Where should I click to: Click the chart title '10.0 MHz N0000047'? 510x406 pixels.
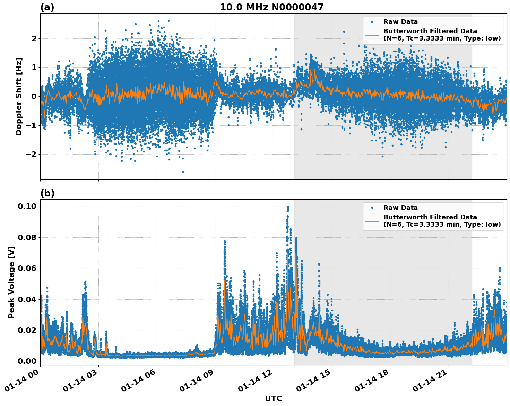coord(271,7)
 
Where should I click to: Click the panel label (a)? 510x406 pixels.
coord(47,7)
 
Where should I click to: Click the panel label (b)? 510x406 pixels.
coord(47,193)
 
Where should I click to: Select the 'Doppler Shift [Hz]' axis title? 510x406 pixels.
coord(19,96)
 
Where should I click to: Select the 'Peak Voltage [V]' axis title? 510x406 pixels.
coord(11,282)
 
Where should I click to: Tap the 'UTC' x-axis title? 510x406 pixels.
coord(273,398)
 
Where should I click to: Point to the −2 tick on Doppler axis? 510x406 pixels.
coord(31,154)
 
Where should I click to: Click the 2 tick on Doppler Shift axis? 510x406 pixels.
coord(34,38)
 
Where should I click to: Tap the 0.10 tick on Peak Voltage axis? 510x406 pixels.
coord(27,206)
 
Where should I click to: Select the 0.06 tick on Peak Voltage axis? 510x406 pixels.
coord(27,268)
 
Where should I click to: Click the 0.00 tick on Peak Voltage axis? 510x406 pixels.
coord(27,361)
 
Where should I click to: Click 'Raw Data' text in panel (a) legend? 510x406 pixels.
coord(400,22)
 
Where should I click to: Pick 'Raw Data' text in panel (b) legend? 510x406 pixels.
coord(400,208)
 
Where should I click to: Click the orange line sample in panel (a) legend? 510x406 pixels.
coord(372,35)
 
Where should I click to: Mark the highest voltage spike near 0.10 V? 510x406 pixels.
coord(287,208)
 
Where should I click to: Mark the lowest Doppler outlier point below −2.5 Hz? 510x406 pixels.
coord(183,172)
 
